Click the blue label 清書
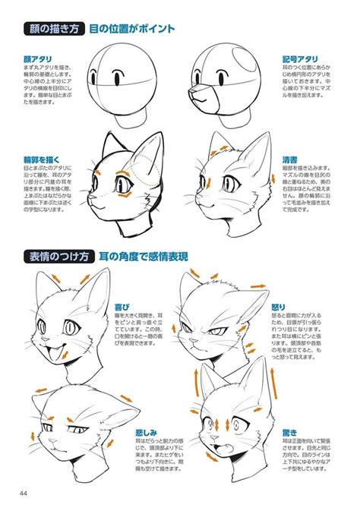click(289, 160)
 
